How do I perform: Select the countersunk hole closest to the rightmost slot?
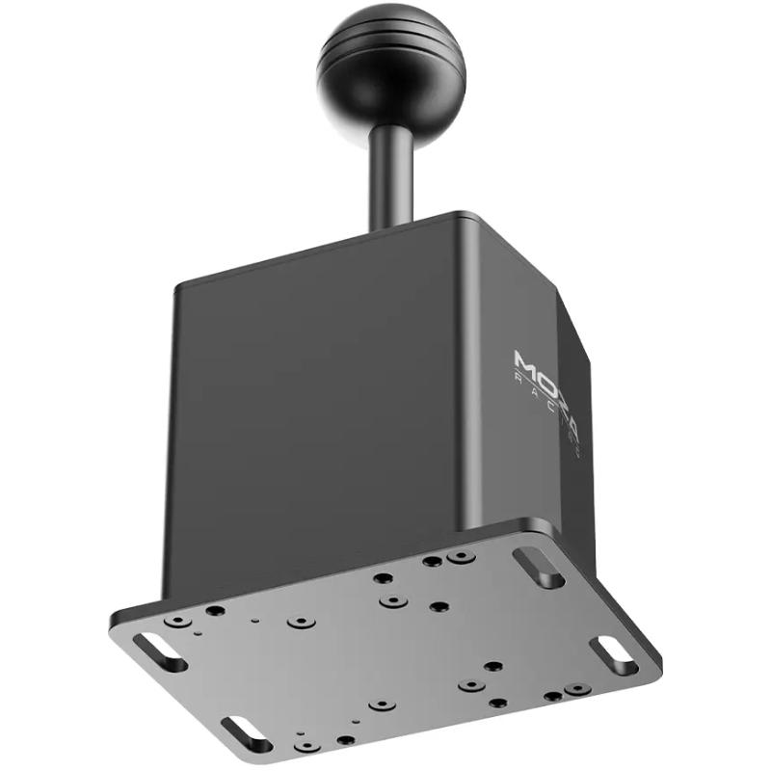[x=576, y=689]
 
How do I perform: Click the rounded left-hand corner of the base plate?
[x=118, y=626]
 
